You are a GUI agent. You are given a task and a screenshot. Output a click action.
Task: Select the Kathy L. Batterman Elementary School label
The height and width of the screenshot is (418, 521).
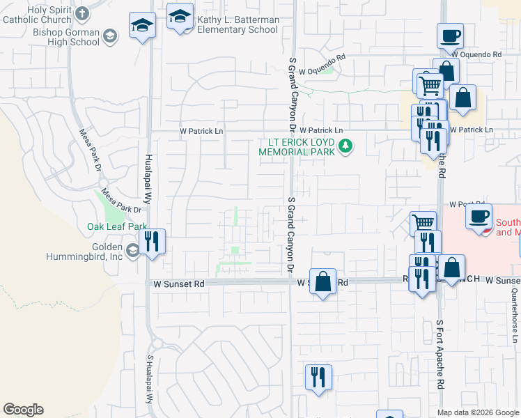238,25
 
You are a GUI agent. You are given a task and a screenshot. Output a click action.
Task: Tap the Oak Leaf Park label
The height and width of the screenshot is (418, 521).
117,226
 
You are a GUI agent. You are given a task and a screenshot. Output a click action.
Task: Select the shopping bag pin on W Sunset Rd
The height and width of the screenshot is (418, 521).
322,282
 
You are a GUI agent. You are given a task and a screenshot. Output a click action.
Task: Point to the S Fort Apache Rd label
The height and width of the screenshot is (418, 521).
441,354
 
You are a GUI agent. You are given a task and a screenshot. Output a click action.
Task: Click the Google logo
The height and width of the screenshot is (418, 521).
23,410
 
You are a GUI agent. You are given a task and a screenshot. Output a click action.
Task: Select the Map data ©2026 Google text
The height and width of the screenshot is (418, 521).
478,412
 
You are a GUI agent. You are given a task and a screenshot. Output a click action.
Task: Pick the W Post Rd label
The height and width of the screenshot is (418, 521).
467,204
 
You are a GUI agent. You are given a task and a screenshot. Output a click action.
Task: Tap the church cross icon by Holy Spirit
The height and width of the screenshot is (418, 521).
82,13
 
